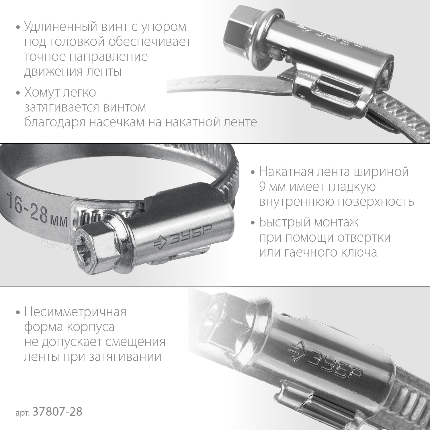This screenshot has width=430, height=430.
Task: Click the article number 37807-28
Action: click(58, 412)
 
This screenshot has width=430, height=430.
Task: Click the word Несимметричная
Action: click(75, 312)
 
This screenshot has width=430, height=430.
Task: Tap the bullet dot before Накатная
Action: click(253, 173)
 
